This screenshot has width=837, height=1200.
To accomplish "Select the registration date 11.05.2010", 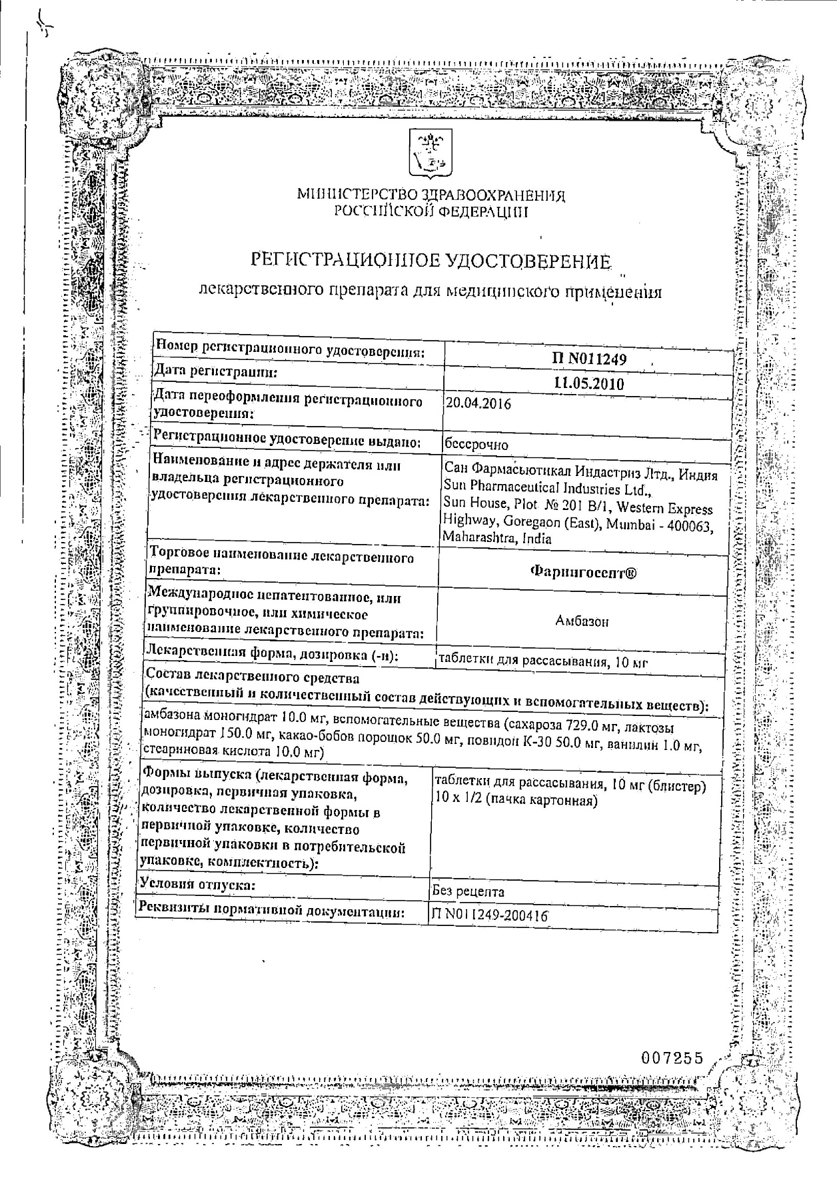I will pos(588,383).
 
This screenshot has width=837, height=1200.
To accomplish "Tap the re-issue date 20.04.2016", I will pos(478,404).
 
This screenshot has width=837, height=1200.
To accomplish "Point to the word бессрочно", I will pos(476,444).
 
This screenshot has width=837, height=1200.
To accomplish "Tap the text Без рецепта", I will pos(468,891).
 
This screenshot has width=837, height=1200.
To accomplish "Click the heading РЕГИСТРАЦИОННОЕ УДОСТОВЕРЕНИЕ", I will pos(430,261).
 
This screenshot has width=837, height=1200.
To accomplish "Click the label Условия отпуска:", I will pos(198,885).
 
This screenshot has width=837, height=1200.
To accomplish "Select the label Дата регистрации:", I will pos(215,371).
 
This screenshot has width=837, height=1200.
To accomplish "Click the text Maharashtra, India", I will pos(497,539).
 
